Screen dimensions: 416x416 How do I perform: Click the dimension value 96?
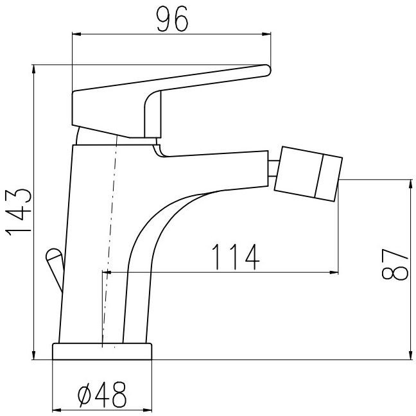coord(172,19)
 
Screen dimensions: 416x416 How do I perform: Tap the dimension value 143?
coord(19,212)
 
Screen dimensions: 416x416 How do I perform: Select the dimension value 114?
coord(236,257)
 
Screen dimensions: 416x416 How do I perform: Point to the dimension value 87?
coord(395,264)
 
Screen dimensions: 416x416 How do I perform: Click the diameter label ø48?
coord(102,395)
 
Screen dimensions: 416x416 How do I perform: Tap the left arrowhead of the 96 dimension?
coord(76,34)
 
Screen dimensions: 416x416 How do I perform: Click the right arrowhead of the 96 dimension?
coord(266,34)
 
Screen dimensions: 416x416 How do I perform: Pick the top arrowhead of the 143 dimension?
coord(33,69)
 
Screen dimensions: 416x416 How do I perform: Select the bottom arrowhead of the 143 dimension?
coord(33,355)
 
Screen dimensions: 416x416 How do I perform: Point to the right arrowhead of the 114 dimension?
coord(334,272)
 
